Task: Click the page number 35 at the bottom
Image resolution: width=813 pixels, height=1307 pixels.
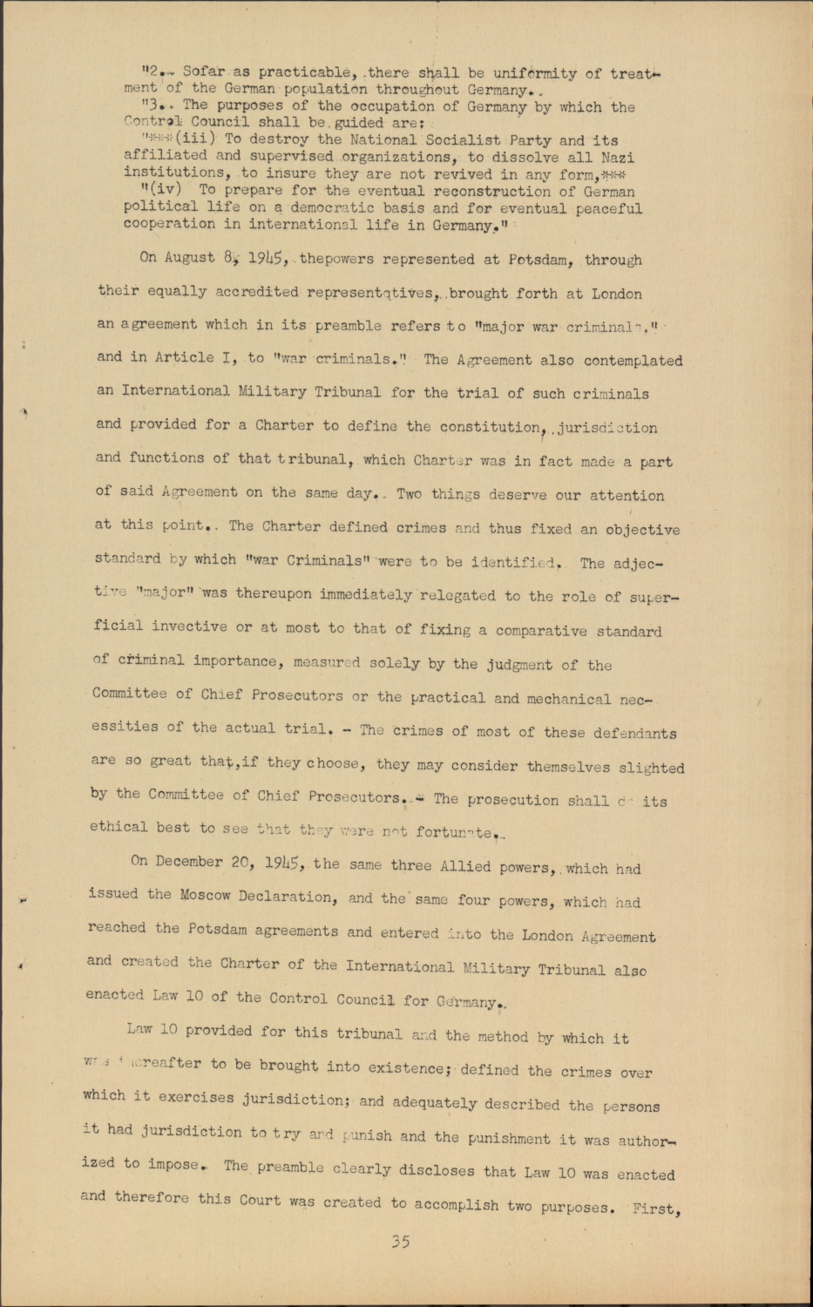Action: [400, 1242]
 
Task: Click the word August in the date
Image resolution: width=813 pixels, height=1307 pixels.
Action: [188, 257]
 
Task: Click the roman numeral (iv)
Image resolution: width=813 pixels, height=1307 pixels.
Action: [162, 190]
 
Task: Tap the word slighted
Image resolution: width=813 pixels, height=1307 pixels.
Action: [652, 768]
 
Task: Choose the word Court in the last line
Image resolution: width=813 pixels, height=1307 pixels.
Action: [260, 1199]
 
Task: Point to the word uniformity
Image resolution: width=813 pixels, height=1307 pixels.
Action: [535, 74]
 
